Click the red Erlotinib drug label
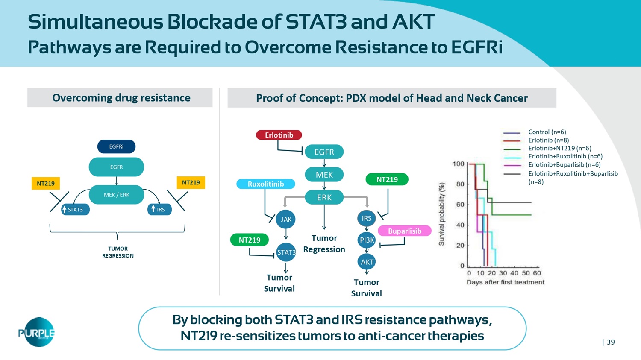(279, 135)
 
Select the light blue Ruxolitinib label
(265, 184)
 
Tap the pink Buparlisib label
(404, 231)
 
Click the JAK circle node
(286, 220)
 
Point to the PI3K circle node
(367, 240)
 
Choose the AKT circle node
(367, 262)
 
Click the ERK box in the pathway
(324, 197)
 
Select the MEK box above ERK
(324, 174)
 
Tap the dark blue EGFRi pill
(116, 146)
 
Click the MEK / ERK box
(116, 195)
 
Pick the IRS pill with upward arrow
(159, 209)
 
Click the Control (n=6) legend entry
(547, 132)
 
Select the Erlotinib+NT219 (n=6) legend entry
(559, 148)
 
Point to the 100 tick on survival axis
(459, 164)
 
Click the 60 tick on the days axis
(537, 273)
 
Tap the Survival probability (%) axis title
(442, 214)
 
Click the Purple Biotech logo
(37, 332)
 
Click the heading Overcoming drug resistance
(121, 98)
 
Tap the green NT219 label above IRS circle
(387, 179)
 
